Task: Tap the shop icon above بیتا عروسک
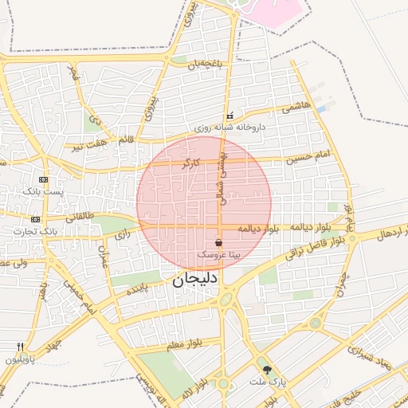(x=218, y=242)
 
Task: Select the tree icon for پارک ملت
(x=267, y=370)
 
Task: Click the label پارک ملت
(x=267, y=383)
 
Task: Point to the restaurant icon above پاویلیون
(x=20, y=347)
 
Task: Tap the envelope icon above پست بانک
(x=42, y=179)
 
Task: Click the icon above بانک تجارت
(x=35, y=218)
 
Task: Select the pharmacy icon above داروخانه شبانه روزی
(x=230, y=116)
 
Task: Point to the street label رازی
(x=121, y=234)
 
